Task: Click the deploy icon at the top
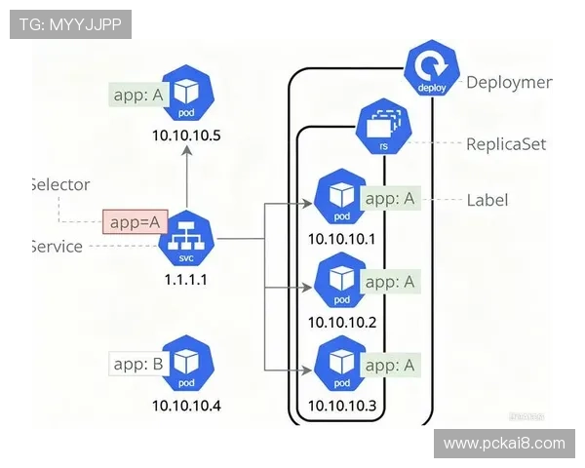pos(431,70)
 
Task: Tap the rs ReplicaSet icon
pos(384,125)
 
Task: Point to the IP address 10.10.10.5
pos(187,136)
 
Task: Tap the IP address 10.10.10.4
pos(187,404)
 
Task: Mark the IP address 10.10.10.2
pos(341,322)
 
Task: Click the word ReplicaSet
pos(506,144)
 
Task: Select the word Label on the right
pos(487,200)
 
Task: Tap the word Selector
pos(60,184)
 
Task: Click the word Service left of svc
pos(57,247)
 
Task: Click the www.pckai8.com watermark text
pos(504,444)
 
